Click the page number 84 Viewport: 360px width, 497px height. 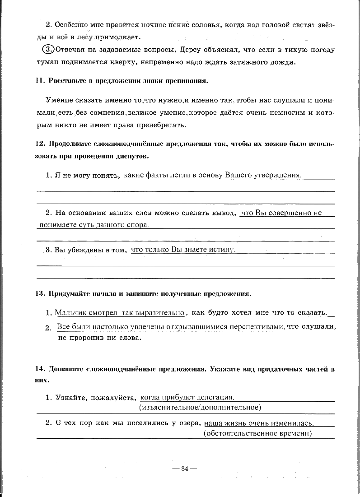tap(184, 468)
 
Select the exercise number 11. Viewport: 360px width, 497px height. tap(39, 81)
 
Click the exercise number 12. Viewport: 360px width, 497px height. tap(39, 144)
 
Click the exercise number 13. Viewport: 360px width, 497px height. tap(39, 294)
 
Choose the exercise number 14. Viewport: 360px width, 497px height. tap(39, 369)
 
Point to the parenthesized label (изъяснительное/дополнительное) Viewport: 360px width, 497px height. tap(201, 408)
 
